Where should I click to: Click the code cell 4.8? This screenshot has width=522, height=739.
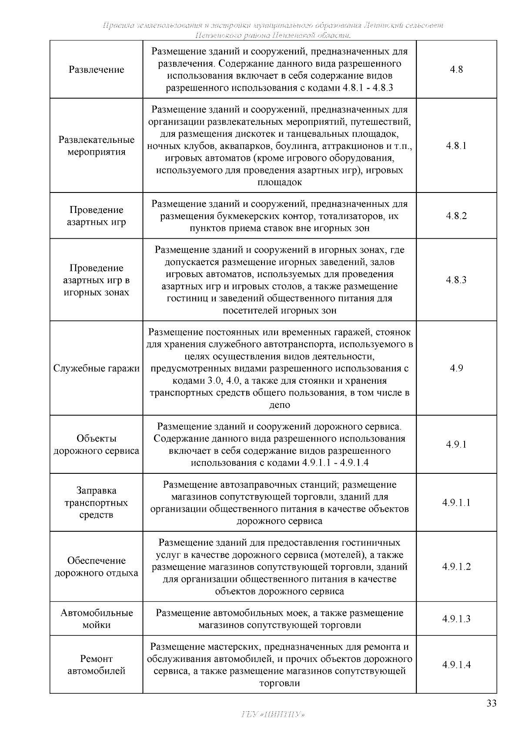click(456, 70)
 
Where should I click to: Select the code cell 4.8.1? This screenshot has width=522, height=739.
click(456, 146)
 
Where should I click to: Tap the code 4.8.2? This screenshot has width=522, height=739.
click(456, 216)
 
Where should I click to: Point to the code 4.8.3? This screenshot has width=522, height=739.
click(456, 280)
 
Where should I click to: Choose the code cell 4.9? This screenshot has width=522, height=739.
click(456, 368)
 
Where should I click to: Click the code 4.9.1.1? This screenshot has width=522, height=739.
click(456, 503)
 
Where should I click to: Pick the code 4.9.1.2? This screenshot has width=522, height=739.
click(456, 567)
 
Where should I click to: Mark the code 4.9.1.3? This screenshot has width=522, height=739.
click(456, 619)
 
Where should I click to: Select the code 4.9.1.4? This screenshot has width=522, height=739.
click(456, 665)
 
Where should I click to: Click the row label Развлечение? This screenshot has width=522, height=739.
click(96, 70)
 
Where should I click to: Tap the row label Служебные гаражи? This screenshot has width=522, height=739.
click(96, 368)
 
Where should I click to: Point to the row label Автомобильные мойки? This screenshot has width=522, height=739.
click(96, 619)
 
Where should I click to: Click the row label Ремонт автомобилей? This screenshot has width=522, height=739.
click(96, 665)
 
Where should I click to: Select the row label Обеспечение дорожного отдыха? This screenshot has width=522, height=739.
click(96, 567)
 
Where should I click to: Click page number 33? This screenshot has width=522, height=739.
click(491, 704)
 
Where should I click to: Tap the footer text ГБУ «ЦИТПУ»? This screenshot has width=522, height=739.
click(272, 715)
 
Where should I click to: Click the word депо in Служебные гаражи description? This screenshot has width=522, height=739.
click(280, 405)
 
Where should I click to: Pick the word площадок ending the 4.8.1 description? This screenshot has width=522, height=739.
click(280, 182)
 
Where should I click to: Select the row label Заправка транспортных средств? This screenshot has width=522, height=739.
click(96, 503)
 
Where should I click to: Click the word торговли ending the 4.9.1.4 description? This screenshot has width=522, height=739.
click(280, 683)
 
